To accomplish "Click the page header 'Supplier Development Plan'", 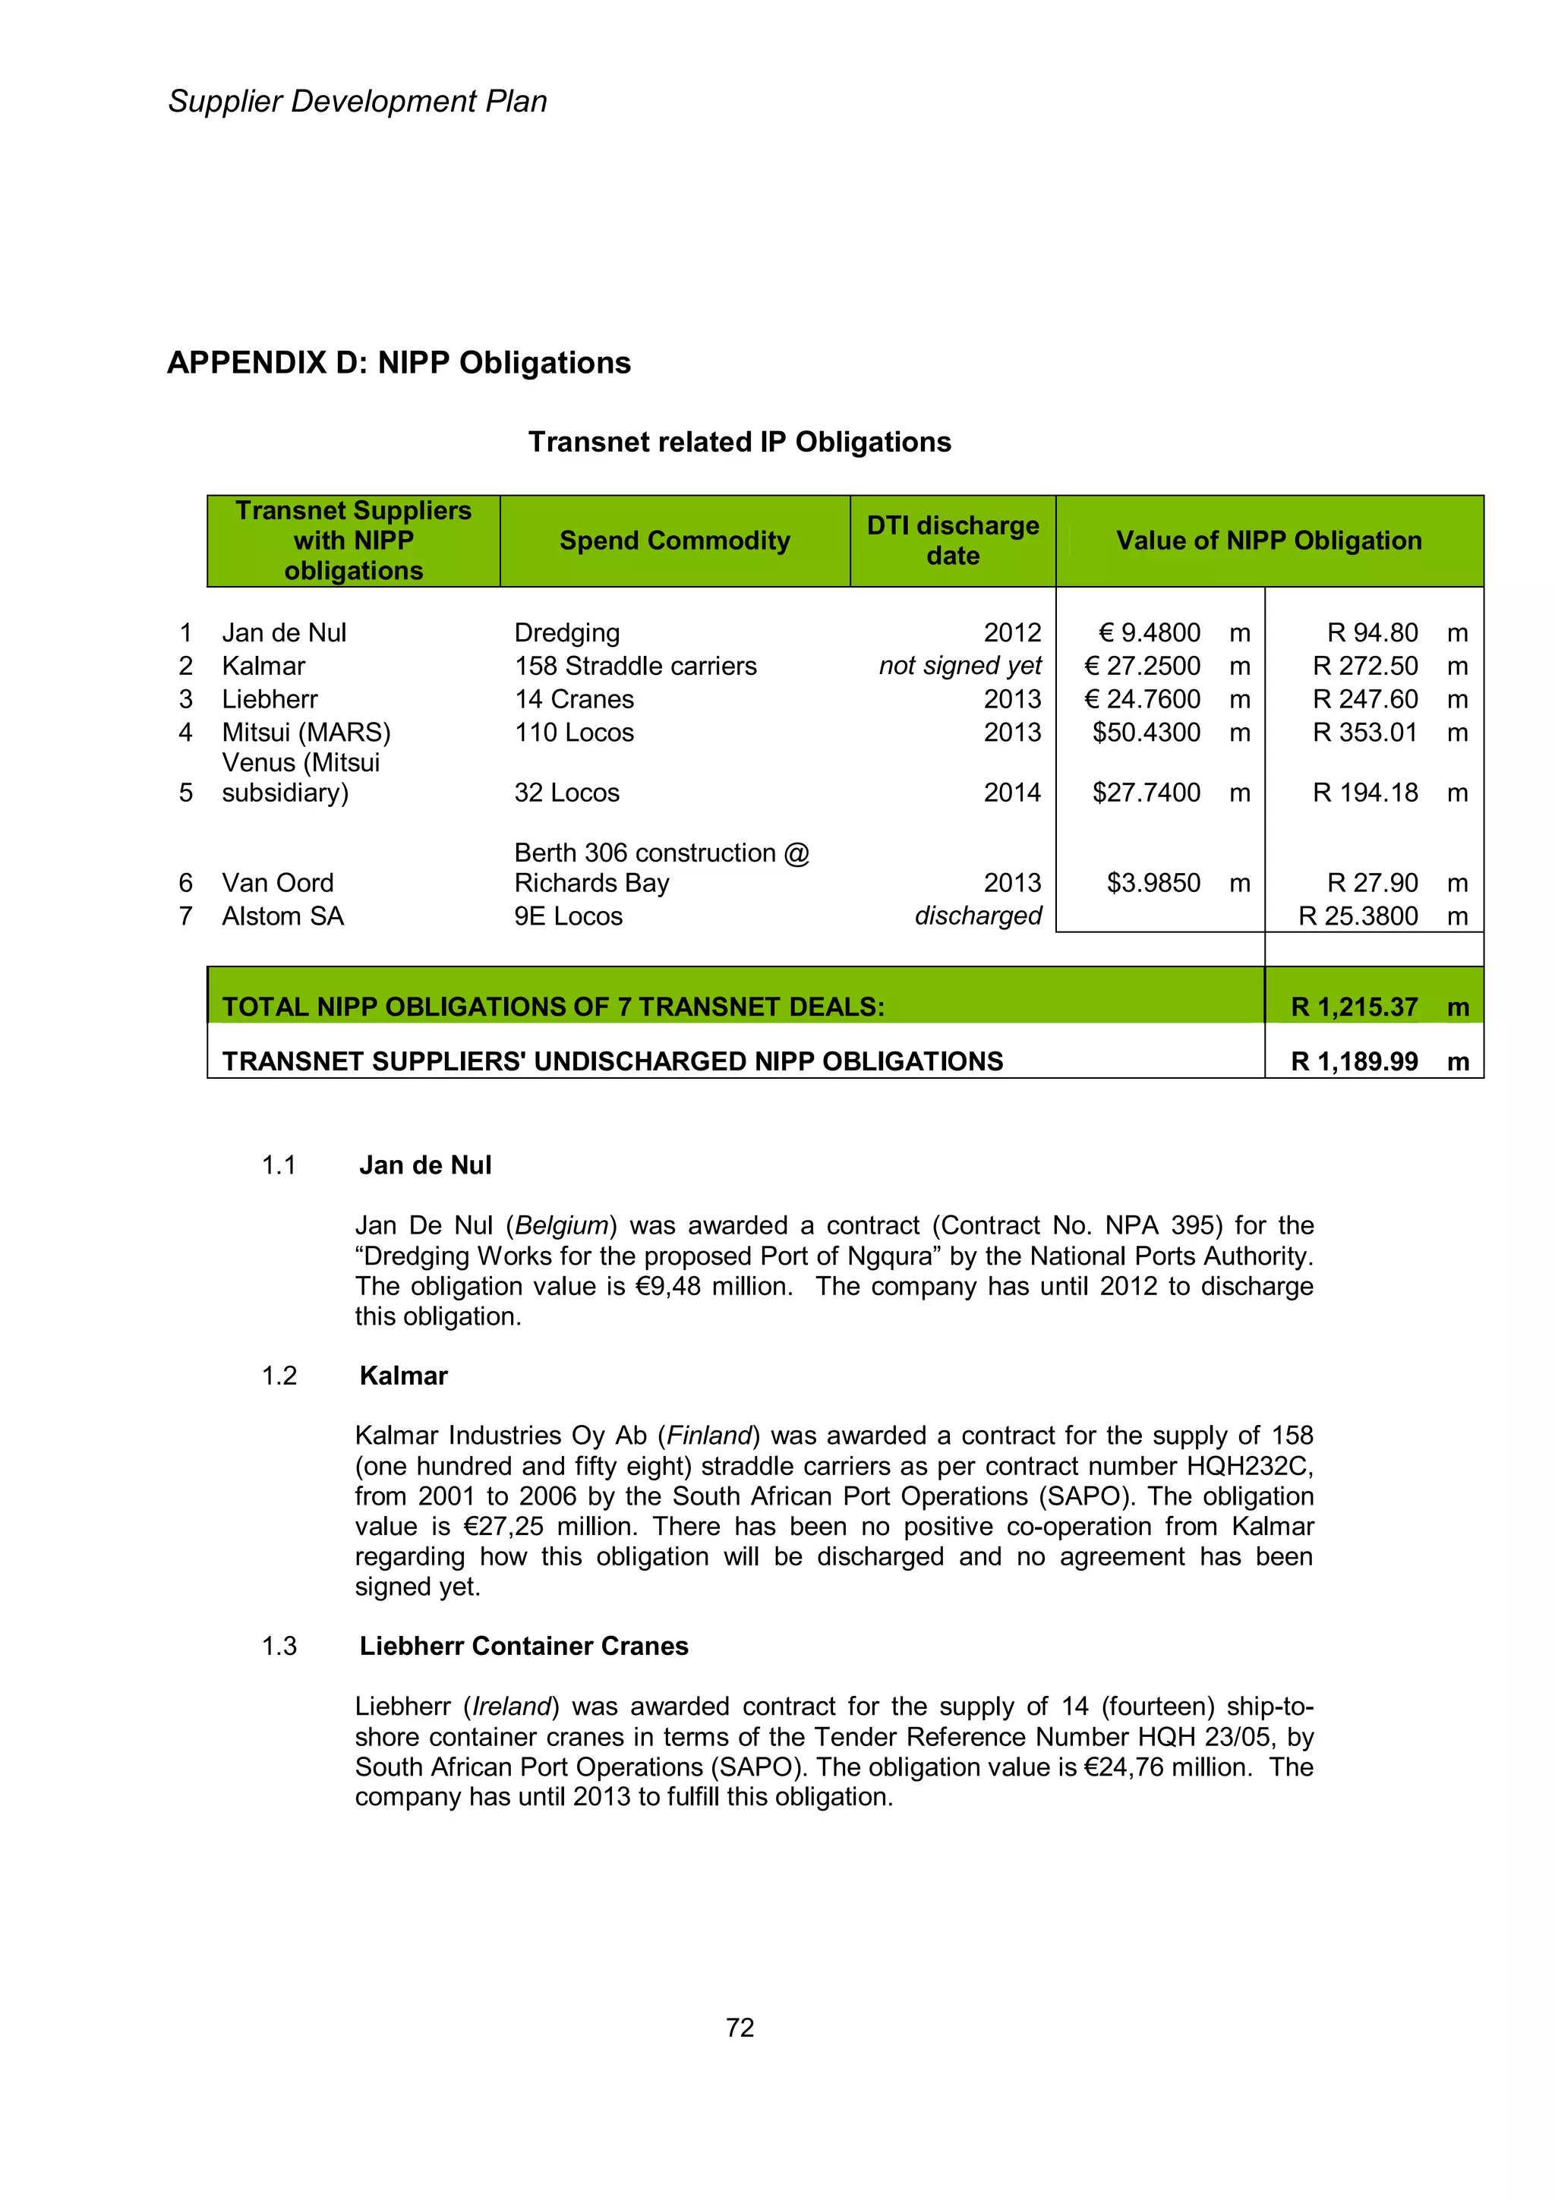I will [358, 102].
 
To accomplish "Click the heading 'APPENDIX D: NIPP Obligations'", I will [399, 363].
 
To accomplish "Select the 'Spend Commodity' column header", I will [674, 541].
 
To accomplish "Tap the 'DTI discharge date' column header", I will [952, 541].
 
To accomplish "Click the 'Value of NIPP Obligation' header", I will [1269, 541].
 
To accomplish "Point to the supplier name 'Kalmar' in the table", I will [263, 666].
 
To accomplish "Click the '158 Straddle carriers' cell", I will [636, 666].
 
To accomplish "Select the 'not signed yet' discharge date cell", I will [960, 666].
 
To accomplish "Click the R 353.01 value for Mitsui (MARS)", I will [1364, 733].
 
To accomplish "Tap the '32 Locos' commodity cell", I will [567, 793].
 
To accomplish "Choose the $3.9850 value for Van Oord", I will [1153, 884].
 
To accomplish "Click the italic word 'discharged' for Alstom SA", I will [977, 916].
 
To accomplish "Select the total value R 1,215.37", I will [1354, 1007].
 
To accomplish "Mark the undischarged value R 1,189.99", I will [1354, 1062].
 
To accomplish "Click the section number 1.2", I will [279, 1376].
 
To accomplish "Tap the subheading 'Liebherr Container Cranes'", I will [523, 1646].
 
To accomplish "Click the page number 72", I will [740, 2028].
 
